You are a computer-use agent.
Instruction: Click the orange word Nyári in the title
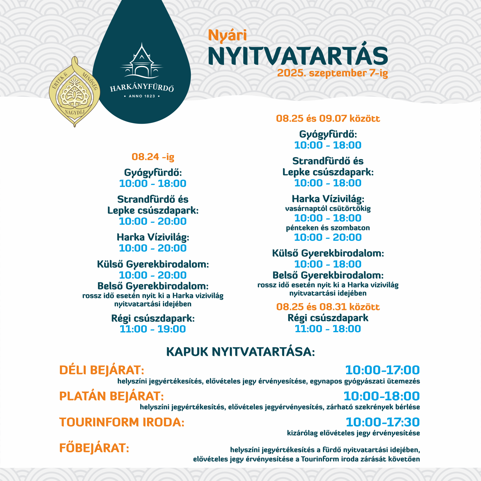227,36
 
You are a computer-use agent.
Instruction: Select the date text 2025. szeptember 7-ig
332,73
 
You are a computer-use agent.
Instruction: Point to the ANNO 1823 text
142,96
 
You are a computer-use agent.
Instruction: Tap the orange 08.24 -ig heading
153,157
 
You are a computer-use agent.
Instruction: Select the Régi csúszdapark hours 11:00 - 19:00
153,329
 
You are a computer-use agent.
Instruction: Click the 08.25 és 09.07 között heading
328,118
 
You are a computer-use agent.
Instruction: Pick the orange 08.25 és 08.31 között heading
328,307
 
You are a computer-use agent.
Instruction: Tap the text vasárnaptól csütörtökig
328,209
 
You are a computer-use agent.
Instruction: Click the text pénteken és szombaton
328,228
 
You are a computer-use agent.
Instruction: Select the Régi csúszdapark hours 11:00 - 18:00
328,329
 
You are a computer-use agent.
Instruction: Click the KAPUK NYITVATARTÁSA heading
241,352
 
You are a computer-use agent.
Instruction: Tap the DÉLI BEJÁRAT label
102,370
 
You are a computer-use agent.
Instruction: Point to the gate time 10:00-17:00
382,370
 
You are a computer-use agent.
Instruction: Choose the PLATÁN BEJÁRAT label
111,396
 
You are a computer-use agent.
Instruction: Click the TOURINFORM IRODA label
122,422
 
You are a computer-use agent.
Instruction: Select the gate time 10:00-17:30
383,422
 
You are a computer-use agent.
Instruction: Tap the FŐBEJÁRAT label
94,448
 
